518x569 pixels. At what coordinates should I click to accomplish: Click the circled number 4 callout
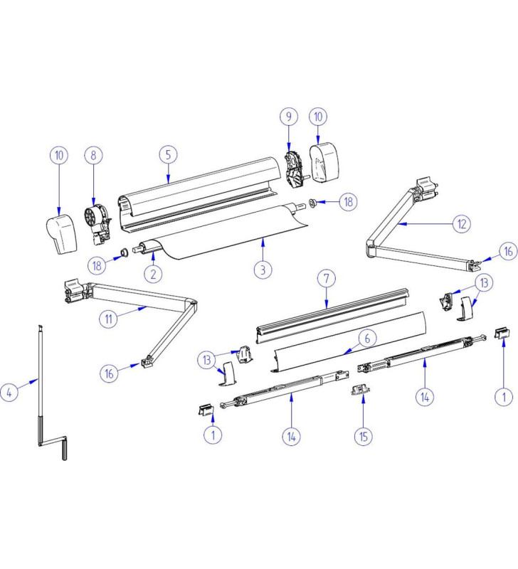click(9, 393)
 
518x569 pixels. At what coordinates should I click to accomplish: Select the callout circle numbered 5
click(168, 154)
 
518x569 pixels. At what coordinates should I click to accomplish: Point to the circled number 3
click(263, 269)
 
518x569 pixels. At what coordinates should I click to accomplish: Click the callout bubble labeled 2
click(153, 272)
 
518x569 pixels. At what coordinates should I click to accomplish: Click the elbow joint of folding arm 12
click(371, 249)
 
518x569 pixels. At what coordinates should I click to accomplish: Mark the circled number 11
click(108, 319)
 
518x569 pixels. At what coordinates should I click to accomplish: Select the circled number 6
click(366, 339)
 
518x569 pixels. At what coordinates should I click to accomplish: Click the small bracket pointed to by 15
click(360, 389)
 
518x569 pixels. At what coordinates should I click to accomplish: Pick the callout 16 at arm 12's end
click(507, 252)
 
